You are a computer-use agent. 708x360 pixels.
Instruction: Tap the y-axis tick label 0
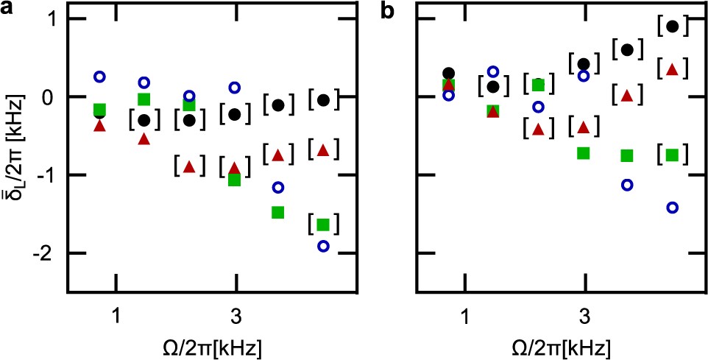click(51, 97)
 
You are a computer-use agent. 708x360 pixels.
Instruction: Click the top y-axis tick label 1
click(51, 19)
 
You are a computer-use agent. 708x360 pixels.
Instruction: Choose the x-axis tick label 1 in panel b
click(465, 317)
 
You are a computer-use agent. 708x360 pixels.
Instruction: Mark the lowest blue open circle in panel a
click(323, 246)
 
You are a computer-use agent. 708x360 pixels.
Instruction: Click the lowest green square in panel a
click(322, 225)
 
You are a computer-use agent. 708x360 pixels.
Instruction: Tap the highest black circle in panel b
click(671, 27)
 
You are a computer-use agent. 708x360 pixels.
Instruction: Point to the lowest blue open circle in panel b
click(671, 208)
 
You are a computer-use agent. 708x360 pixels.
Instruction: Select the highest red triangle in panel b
click(671, 69)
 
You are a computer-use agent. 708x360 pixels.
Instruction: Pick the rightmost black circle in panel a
click(322, 100)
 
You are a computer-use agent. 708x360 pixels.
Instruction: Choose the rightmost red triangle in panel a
click(322, 150)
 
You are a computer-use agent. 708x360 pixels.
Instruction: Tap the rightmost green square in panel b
click(671, 155)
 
